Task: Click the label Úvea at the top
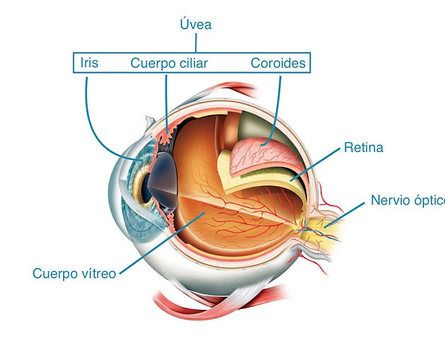point(196,24)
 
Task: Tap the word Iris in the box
point(89,63)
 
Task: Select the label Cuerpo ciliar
point(169,63)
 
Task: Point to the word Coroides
point(278,63)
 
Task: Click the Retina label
point(364,147)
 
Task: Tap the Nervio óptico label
point(408,200)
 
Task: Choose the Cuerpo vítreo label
point(74,274)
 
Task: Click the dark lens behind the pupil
point(163,181)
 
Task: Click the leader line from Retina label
point(315,164)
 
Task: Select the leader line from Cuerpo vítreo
point(162,243)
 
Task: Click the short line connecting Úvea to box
point(196,43)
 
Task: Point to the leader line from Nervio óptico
point(345,215)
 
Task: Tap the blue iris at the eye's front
point(139,182)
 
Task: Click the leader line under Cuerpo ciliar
point(166,104)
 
